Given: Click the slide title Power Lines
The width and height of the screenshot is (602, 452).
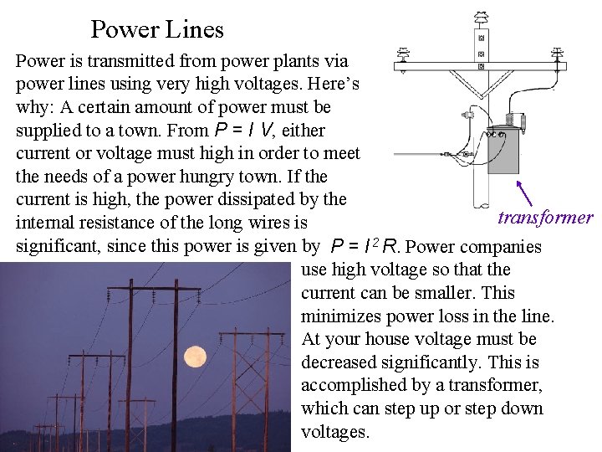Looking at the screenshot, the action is click(157, 30).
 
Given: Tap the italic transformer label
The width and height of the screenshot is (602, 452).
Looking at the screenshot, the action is click(545, 218).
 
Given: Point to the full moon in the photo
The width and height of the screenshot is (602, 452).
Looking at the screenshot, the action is click(195, 357).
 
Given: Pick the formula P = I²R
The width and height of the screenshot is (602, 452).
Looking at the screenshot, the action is click(365, 247).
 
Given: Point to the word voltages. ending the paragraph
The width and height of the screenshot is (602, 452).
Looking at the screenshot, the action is click(334, 433).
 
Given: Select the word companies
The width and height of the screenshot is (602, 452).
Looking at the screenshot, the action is click(501, 247).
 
